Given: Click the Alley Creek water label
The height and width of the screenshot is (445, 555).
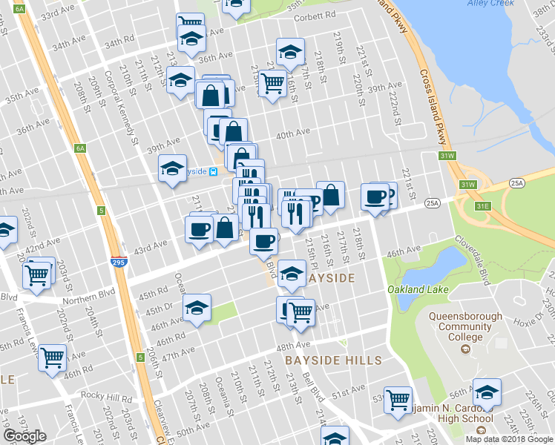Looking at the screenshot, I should pyautogui.click(x=491, y=3).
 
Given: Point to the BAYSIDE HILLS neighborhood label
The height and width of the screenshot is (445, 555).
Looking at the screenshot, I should pyautogui.click(x=333, y=360).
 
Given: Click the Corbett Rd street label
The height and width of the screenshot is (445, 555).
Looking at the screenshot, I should pyautogui.click(x=315, y=14).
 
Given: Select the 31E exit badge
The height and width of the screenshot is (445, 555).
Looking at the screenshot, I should pyautogui.click(x=483, y=206).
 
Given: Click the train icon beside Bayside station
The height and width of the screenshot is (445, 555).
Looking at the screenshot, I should pyautogui.click(x=214, y=171).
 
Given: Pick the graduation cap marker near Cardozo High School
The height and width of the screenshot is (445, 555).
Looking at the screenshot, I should pyautogui.click(x=487, y=391).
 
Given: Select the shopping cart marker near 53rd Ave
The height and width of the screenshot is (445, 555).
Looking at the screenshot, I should pyautogui.click(x=398, y=398).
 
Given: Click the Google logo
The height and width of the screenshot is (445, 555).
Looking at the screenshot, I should pyautogui.click(x=26, y=436).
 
